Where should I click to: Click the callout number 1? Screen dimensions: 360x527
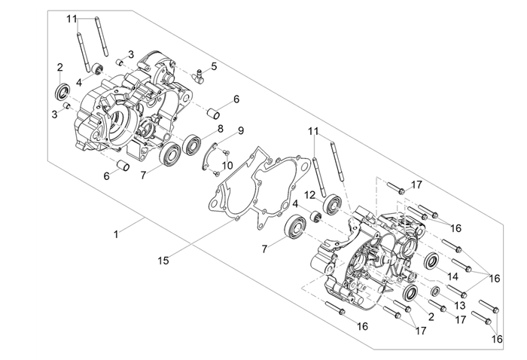[116, 236]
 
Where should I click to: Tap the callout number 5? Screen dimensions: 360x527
[214, 66]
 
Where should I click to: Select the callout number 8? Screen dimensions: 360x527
[221, 129]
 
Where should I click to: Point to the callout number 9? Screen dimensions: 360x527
[241, 130]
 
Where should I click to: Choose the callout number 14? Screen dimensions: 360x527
[452, 276]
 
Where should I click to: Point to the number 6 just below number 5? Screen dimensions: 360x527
[236, 99]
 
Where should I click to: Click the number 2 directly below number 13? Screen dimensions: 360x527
[431, 317]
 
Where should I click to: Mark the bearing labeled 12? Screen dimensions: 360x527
[331, 203]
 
